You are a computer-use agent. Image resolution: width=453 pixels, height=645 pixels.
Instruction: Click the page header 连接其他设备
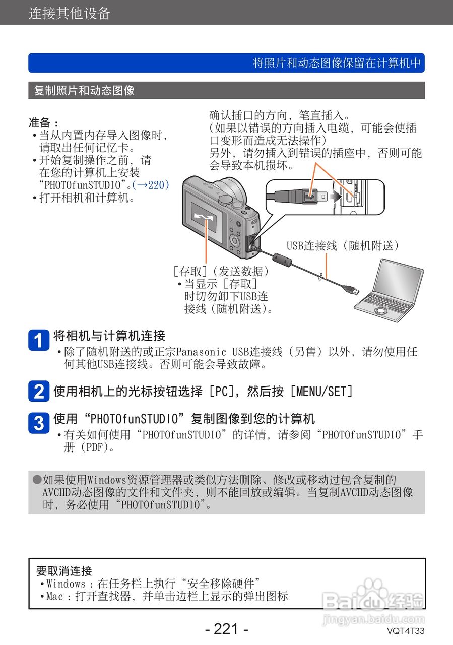point(69,13)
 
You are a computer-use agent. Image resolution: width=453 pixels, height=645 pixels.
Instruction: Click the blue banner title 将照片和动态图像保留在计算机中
point(336,63)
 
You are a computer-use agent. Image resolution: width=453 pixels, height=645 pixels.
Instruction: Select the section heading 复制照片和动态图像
point(84,91)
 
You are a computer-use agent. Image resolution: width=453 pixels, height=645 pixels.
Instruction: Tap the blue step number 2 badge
point(38,392)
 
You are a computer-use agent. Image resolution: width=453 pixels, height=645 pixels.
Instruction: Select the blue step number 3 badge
point(38,422)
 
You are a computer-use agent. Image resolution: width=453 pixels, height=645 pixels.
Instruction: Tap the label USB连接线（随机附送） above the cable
point(343,245)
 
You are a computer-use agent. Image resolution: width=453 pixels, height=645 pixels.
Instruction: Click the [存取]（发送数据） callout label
point(221,271)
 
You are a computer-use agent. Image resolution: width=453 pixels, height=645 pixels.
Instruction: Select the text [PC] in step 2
point(220,391)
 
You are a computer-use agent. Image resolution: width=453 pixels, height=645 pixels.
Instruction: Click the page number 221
point(226,629)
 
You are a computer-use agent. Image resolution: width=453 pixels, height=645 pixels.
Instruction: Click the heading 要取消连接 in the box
point(64,571)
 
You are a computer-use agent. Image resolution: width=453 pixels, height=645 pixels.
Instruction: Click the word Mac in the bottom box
point(55,597)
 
